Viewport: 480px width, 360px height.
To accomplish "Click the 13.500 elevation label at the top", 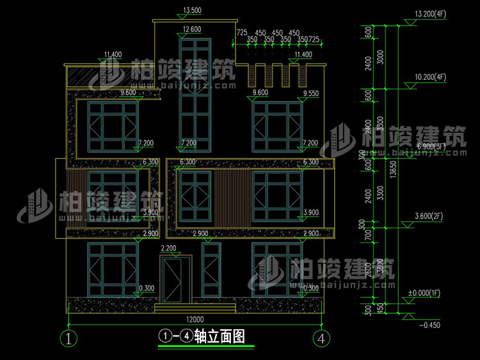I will (x=192, y=11).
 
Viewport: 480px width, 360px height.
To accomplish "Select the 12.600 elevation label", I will (x=192, y=29).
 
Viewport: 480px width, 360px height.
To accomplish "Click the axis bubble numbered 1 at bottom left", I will (x=69, y=338).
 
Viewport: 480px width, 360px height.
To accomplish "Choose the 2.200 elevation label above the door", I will (x=168, y=248).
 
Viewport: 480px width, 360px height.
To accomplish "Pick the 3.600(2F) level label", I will (x=429, y=217).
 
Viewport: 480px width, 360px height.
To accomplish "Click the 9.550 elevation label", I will (x=311, y=93).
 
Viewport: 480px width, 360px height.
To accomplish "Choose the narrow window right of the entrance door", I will (x=210, y=276).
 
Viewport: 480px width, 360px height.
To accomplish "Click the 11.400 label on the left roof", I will (x=112, y=55).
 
